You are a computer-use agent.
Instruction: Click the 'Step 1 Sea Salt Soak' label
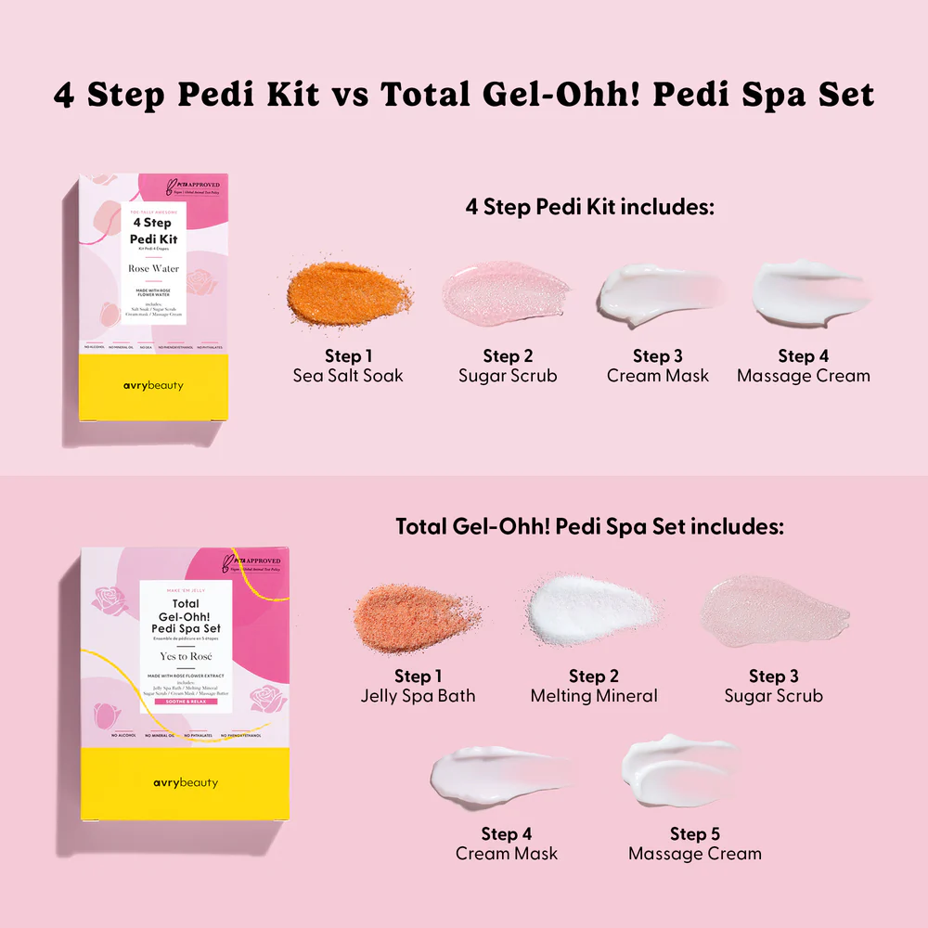pos(348,366)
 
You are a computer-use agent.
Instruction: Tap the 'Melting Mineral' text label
pos(594,696)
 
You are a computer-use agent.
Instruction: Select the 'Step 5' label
pos(695,834)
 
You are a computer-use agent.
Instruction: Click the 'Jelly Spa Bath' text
pos(418,696)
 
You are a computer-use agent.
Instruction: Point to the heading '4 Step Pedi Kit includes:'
pos(590,207)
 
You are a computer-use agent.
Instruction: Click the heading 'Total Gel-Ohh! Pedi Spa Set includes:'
pos(590,526)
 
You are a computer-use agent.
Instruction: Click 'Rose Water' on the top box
pos(154,269)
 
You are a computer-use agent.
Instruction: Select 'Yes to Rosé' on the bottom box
pos(186,656)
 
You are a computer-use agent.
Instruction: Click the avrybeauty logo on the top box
pos(154,385)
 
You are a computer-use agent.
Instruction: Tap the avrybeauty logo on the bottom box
pos(186,782)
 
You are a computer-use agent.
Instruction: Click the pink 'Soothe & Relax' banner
pos(186,701)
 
